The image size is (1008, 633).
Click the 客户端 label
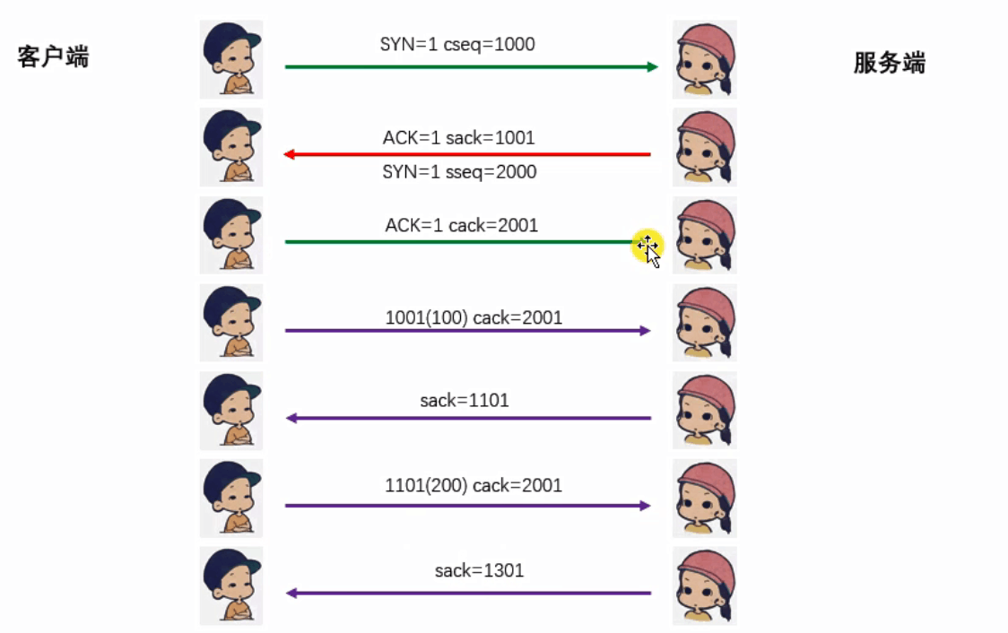tap(54, 57)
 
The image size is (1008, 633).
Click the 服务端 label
tap(889, 63)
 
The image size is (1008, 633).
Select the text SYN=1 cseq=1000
tap(457, 44)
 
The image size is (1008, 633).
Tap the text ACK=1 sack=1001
tap(458, 137)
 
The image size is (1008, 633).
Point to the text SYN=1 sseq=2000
tap(459, 171)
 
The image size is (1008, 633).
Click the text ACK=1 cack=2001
tap(461, 225)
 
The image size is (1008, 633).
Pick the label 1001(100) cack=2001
tap(474, 316)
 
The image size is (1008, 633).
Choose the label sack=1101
tap(465, 400)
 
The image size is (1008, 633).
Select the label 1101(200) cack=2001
tap(474, 485)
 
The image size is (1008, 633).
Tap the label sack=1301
tap(479, 569)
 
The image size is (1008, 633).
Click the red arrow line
tap(466, 154)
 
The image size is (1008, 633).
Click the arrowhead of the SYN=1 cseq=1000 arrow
tap(652, 66)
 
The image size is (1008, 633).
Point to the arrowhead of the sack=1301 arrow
tap(291, 593)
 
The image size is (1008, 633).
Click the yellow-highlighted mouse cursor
tap(647, 247)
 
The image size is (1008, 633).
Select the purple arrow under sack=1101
tap(466, 418)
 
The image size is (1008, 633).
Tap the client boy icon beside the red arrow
tap(231, 147)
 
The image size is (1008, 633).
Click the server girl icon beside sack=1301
tap(705, 585)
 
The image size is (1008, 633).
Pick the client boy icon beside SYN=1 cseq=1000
tap(231, 59)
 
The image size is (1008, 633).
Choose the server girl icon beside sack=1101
tap(705, 410)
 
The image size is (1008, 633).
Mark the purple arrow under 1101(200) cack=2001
tap(466, 506)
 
